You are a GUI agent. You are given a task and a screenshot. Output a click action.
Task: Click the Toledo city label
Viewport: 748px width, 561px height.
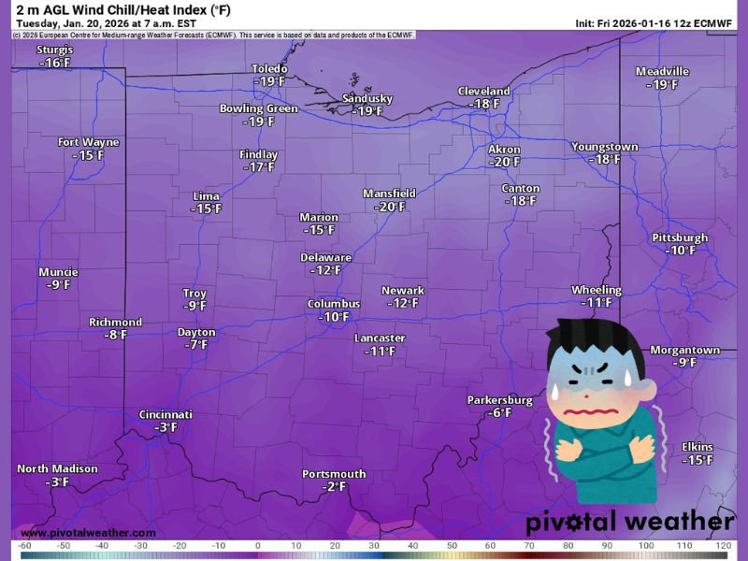click(269, 68)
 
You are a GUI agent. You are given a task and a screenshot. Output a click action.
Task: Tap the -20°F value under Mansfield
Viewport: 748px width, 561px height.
click(389, 207)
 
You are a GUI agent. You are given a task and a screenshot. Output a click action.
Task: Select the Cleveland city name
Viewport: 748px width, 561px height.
click(483, 91)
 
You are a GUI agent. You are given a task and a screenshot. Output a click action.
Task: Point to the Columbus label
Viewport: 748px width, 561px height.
click(334, 304)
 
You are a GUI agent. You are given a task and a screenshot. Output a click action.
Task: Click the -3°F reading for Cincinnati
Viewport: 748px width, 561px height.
click(165, 427)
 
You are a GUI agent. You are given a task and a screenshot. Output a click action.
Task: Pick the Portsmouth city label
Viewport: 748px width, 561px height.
click(334, 474)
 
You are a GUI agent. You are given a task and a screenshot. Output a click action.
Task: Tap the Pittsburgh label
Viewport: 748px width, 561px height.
click(680, 237)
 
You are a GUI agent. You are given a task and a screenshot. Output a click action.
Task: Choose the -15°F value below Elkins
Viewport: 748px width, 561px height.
click(698, 460)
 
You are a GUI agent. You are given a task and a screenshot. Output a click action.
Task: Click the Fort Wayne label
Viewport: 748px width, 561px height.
click(89, 142)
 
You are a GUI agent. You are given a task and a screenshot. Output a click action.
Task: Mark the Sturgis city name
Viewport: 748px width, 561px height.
click(55, 50)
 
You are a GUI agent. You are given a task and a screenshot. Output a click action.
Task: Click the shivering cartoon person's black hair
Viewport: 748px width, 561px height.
click(582, 337)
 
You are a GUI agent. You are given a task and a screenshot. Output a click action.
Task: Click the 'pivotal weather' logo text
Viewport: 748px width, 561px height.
click(629, 522)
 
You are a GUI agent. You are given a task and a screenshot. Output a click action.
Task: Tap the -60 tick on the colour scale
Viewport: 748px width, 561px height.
click(26, 545)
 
